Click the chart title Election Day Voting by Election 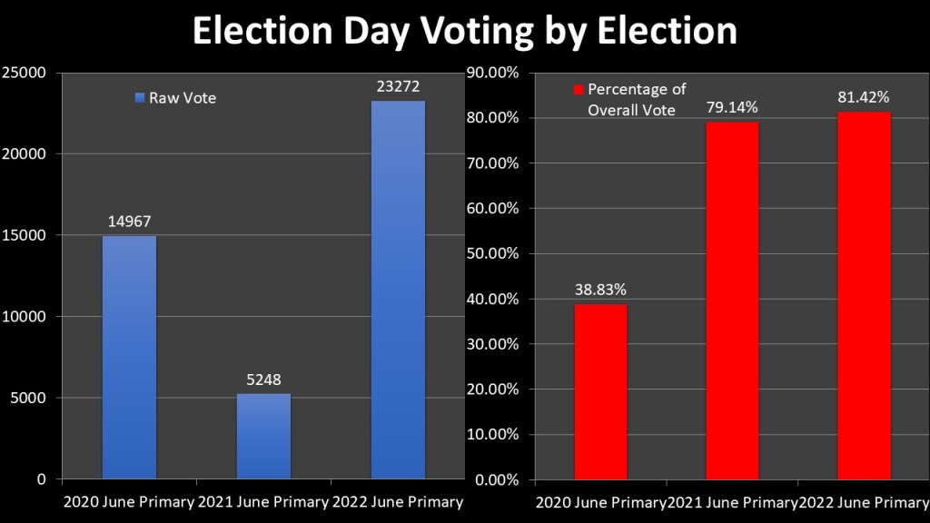coord(464,31)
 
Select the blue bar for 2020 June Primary coord(129,357)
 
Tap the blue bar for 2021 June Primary coord(263,436)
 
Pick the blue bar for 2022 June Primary coord(398,290)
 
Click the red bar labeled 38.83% coord(600,391)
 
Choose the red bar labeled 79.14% coord(732,301)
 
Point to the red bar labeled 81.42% coord(864,295)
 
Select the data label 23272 coord(398,86)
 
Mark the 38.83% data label coord(600,290)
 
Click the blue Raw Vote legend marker coord(140,98)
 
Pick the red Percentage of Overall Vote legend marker coord(578,90)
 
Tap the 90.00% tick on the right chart coord(492,73)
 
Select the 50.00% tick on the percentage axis coord(492,253)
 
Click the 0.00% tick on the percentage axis coord(496,479)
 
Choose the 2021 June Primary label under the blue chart coord(263,502)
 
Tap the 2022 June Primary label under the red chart coord(864,502)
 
